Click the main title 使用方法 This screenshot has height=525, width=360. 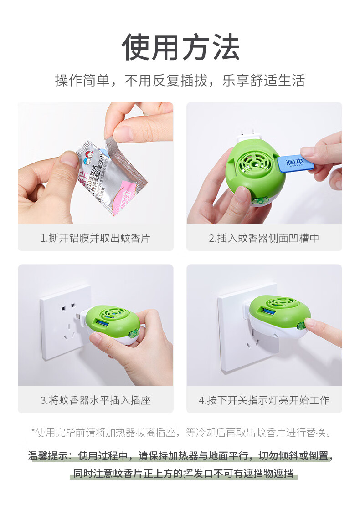tap(180, 47)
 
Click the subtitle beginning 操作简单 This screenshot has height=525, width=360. tap(180, 81)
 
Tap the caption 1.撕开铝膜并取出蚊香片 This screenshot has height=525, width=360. tap(95, 238)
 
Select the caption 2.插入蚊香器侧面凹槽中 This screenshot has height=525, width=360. tap(264, 238)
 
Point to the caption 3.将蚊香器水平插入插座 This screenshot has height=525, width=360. tap(95, 401)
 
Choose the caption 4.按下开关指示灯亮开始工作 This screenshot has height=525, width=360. tap(264, 401)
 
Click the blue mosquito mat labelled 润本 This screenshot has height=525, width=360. tap(297, 162)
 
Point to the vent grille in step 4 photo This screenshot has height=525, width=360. tap(281, 302)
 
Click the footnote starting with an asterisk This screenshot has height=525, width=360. tap(181, 433)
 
